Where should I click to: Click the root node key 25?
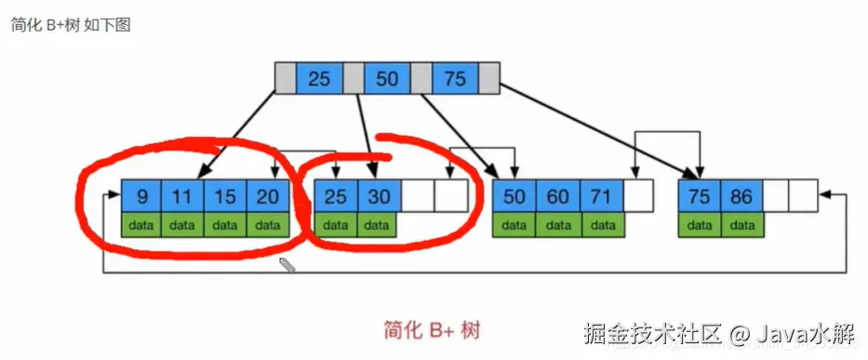[x=319, y=79]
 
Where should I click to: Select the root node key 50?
[x=387, y=79]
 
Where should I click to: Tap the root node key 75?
[x=455, y=79]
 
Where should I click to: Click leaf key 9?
[x=141, y=196]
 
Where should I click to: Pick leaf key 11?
[x=182, y=196]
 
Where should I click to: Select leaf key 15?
[x=225, y=196]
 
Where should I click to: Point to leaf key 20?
[x=268, y=196]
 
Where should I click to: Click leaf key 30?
[x=377, y=196]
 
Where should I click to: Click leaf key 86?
[x=742, y=196]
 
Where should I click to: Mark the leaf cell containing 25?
[x=335, y=196]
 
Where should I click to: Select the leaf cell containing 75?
[x=700, y=196]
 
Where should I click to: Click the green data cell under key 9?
[x=141, y=224]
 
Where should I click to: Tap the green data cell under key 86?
[x=742, y=224]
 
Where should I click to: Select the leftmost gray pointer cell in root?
[x=286, y=79]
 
